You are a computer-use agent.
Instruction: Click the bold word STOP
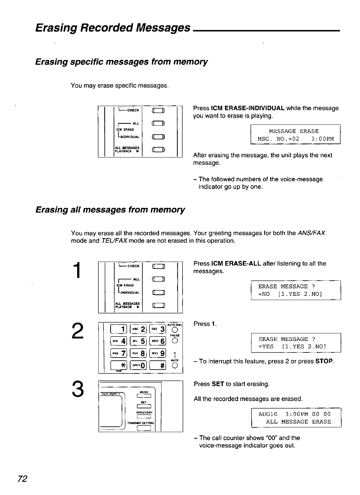click(324, 362)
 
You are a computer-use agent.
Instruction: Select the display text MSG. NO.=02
click(278, 139)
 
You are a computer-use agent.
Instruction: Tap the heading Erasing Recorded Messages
click(113, 28)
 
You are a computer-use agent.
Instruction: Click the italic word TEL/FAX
click(114, 240)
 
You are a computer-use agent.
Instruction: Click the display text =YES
click(266, 347)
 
